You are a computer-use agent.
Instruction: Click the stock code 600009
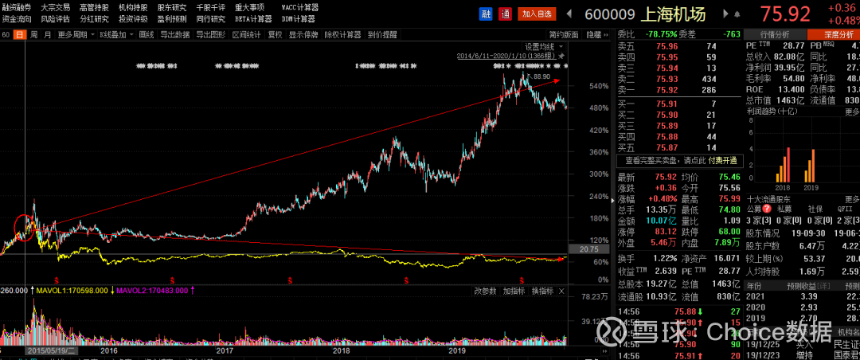(x=610, y=14)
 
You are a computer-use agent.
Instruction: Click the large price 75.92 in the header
(x=785, y=14)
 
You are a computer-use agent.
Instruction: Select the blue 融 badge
(x=486, y=14)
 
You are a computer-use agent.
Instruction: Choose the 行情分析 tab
(x=774, y=35)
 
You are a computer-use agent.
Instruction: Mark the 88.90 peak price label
(x=541, y=76)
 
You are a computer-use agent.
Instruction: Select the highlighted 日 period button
(x=19, y=35)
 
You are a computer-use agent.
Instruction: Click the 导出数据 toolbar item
(x=174, y=35)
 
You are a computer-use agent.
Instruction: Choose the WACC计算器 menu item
(x=299, y=7)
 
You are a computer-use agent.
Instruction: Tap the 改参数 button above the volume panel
(x=486, y=292)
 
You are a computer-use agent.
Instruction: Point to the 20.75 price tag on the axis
(x=589, y=249)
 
